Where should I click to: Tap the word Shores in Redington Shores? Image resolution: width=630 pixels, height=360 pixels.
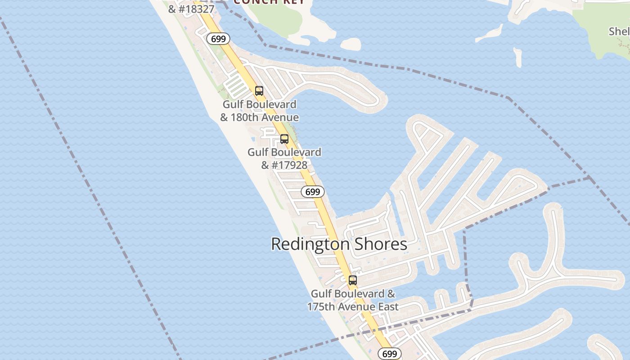[380, 244]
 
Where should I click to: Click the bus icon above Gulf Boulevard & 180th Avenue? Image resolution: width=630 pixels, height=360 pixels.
[259, 91]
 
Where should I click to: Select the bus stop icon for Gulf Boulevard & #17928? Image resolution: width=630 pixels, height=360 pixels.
[284, 139]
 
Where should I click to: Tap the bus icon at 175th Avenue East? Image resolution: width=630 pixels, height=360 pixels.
[353, 280]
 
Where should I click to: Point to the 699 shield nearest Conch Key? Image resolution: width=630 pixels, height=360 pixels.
[218, 39]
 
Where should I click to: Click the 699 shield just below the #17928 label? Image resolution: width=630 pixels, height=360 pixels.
[312, 192]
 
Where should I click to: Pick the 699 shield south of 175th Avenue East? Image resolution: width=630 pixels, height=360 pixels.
[389, 354]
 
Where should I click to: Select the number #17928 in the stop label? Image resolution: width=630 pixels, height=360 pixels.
[289, 165]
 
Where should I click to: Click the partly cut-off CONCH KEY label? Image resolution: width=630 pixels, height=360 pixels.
[270, 2]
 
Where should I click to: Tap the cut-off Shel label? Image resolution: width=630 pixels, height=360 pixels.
[619, 31]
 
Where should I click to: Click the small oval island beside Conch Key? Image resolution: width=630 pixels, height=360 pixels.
[351, 44]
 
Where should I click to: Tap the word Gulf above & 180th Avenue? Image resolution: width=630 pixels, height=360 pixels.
[233, 104]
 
